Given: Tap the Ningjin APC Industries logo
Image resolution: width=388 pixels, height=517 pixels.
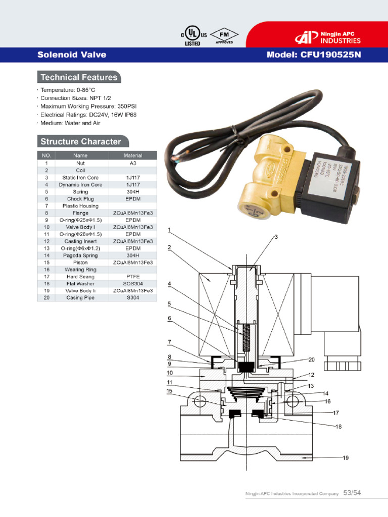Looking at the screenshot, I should click(329, 37).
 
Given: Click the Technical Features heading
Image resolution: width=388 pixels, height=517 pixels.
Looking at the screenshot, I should click(79, 77).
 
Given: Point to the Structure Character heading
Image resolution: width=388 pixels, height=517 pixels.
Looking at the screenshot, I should click(81, 141).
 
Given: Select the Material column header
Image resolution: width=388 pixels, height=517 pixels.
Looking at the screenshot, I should click(133, 156).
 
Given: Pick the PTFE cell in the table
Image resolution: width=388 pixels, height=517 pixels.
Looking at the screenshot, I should click(133, 277).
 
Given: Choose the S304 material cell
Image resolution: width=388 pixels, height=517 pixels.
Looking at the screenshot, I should click(133, 298).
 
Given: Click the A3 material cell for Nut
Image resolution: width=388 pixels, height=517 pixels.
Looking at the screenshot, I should click(133, 164).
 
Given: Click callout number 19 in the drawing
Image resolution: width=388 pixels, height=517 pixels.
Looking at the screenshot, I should click(346, 458).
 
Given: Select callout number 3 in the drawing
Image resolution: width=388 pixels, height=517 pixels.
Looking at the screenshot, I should click(276, 237).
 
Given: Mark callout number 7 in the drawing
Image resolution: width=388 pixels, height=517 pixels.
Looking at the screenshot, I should click(170, 342).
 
